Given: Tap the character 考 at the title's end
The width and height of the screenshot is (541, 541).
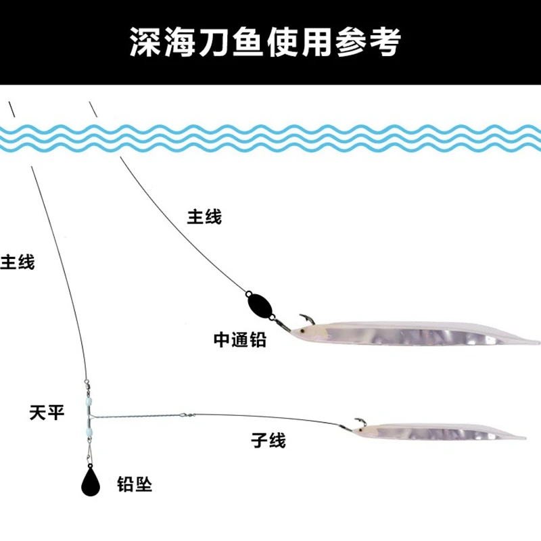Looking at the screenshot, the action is pos(386,42).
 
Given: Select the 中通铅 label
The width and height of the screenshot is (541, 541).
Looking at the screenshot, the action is pos(239,339).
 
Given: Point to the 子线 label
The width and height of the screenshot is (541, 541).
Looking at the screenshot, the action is pos(268,441).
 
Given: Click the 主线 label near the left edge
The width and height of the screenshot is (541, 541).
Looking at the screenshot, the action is pos(18,262).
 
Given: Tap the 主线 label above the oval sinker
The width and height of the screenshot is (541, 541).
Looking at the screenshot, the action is pos(204,217).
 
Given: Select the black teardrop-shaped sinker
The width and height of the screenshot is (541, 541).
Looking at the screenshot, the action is pos(91,480).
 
